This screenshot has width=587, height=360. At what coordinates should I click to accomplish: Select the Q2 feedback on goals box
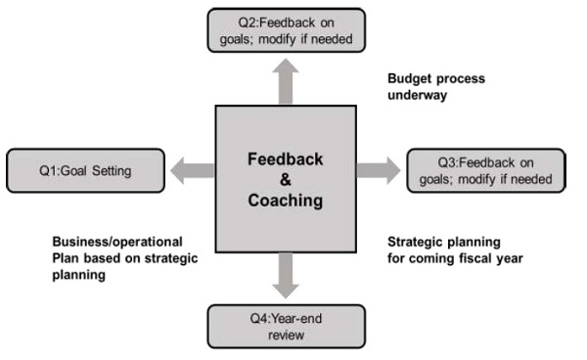click(x=285, y=29)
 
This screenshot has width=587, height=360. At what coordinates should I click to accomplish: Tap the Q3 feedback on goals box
click(x=486, y=170)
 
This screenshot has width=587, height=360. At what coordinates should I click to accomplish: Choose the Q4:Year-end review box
click(x=286, y=326)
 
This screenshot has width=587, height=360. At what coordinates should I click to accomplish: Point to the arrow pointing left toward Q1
click(x=191, y=169)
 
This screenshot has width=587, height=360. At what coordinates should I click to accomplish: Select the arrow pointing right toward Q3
click(x=379, y=169)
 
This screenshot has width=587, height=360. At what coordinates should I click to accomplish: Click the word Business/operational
click(x=117, y=242)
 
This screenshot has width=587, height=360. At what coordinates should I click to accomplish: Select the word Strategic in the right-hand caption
click(x=419, y=242)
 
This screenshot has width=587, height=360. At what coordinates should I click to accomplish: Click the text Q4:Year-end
click(x=287, y=318)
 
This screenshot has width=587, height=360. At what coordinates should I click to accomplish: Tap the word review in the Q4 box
click(x=286, y=335)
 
